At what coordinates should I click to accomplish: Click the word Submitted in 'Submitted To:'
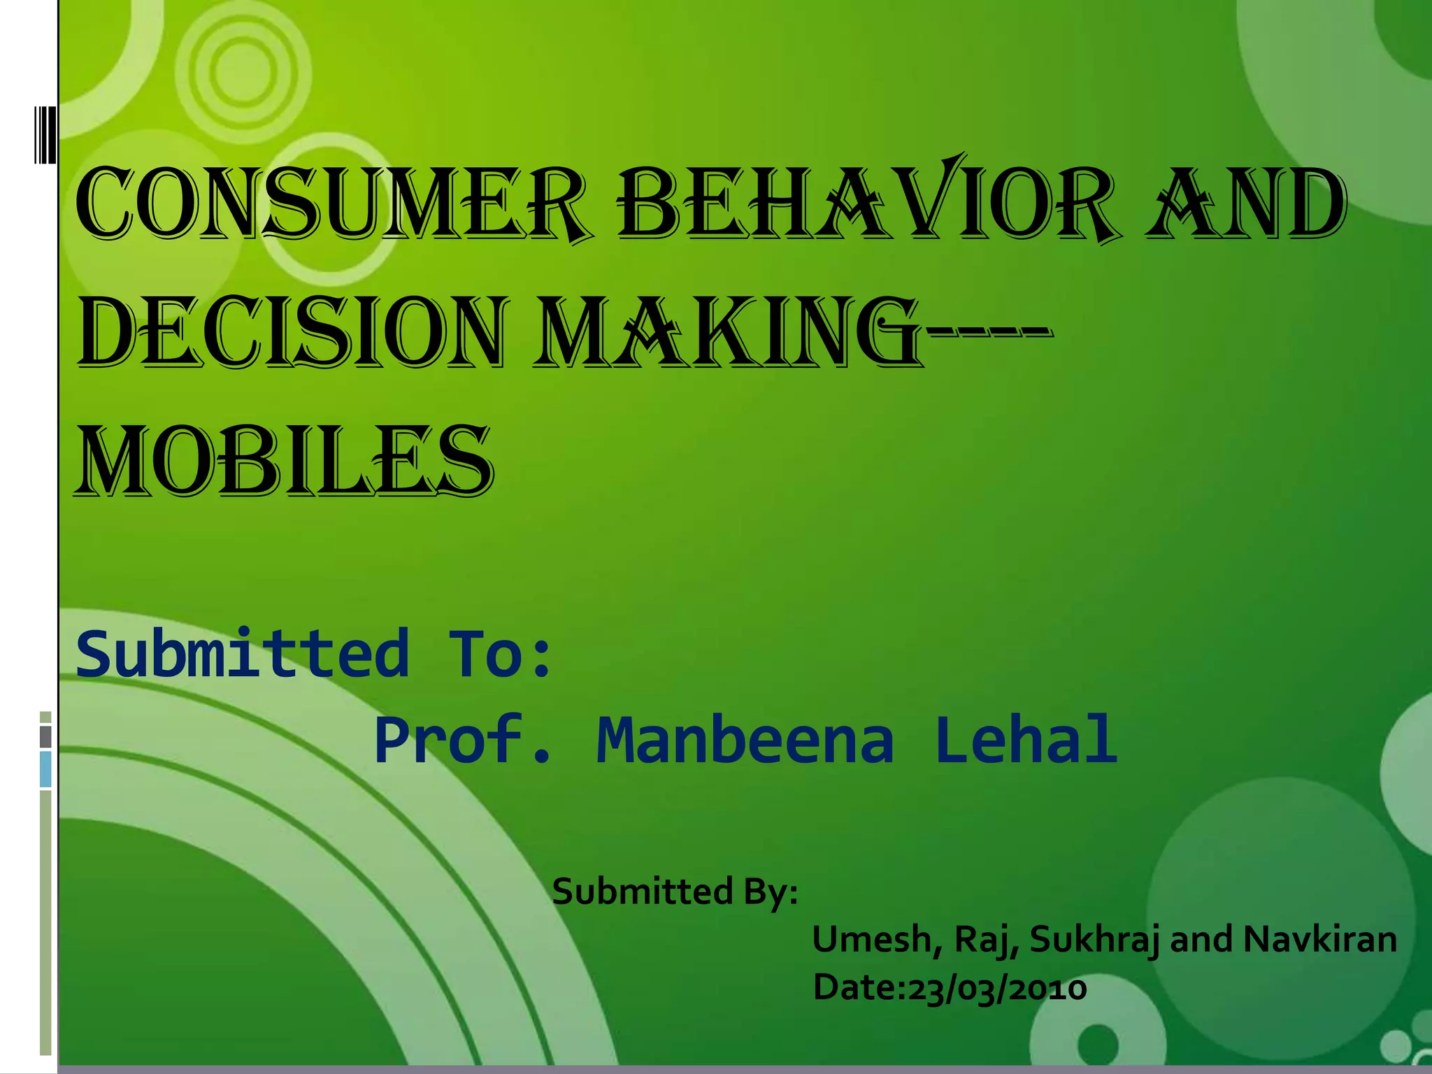point(242,654)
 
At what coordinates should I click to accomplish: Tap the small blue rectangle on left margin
point(45,768)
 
